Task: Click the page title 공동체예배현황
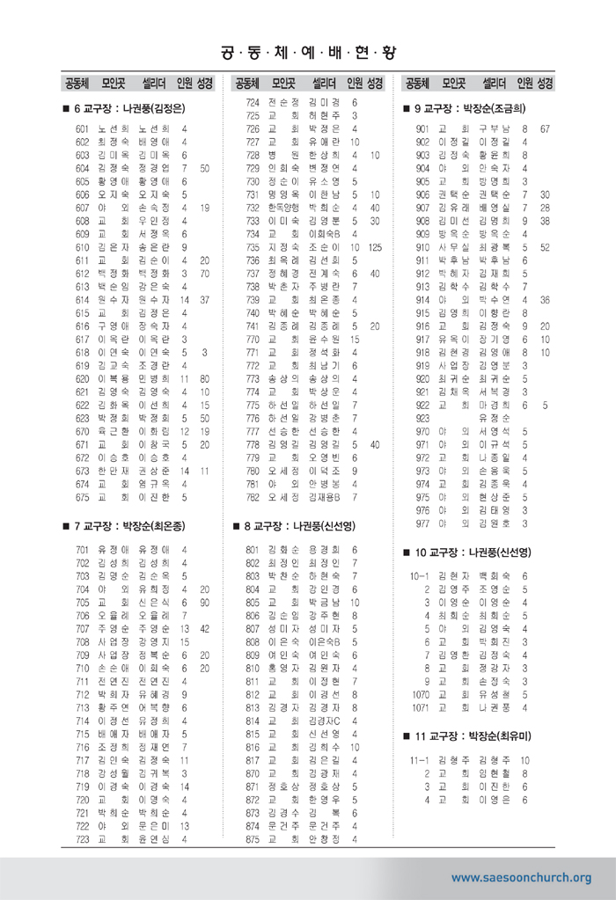click(307, 52)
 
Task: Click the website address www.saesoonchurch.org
click(521, 877)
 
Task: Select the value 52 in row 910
click(546, 247)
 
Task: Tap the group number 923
click(422, 418)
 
